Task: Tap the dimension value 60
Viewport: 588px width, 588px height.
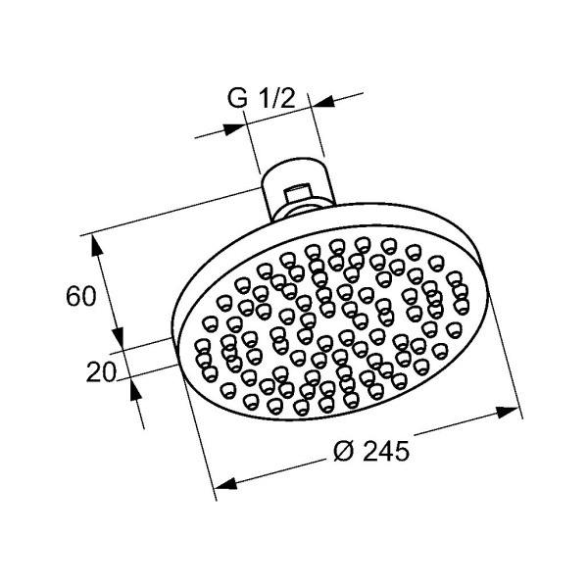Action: tap(82, 295)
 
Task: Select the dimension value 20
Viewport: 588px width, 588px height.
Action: tap(103, 371)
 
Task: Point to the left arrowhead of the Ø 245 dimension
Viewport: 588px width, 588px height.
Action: tap(224, 483)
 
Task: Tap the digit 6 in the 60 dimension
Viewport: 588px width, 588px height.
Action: tap(73, 295)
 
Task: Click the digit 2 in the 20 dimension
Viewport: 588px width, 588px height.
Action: tap(94, 371)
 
